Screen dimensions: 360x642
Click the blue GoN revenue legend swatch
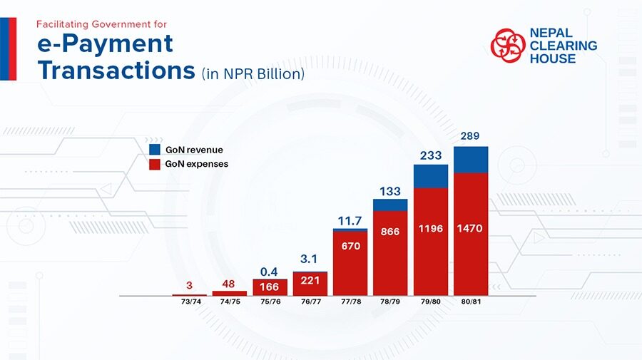[155, 150]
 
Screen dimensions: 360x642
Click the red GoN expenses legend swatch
[155, 164]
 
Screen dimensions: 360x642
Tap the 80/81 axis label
[471, 302]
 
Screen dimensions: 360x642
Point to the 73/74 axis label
[190, 302]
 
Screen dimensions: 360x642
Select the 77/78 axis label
[350, 302]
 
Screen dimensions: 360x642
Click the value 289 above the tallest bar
[471, 135]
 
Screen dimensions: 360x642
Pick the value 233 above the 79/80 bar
[430, 155]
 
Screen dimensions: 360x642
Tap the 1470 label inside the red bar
[471, 229]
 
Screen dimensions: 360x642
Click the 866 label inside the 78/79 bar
[390, 232]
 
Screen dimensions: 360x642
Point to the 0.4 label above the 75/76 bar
[270, 272]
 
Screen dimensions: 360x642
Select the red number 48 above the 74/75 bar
[230, 284]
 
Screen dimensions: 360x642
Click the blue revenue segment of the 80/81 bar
[471, 160]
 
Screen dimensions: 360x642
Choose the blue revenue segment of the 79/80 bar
[431, 176]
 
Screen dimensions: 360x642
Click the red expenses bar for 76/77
[310, 284]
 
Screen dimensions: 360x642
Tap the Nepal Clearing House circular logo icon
[508, 46]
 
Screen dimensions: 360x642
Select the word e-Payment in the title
[106, 44]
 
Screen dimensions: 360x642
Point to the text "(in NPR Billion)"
[253, 73]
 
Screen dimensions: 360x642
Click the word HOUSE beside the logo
[553, 58]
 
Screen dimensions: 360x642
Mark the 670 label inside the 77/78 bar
[350, 246]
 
